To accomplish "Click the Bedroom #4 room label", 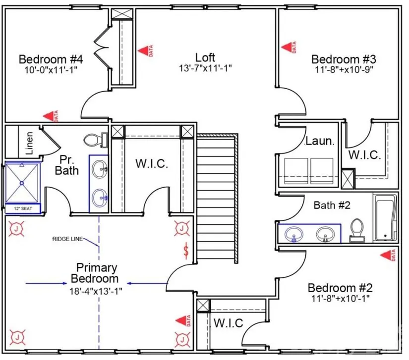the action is (x=51, y=59).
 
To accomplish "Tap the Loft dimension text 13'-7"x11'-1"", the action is (x=205, y=68).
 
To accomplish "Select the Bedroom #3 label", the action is (x=344, y=59).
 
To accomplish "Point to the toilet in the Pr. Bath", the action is (x=96, y=140).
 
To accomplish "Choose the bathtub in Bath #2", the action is (x=385, y=218).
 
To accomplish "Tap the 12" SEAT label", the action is (x=23, y=208).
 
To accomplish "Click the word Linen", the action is (x=29, y=143).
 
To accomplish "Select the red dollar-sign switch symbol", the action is (x=186, y=251).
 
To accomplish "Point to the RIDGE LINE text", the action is (x=67, y=239).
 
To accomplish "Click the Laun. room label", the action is (x=320, y=141).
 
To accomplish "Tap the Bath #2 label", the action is (x=332, y=206).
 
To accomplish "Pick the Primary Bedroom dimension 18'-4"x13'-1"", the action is (x=96, y=291).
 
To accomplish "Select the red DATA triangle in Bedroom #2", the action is (x=388, y=255).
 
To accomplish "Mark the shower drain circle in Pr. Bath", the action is (x=22, y=183).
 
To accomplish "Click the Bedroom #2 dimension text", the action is (x=341, y=298).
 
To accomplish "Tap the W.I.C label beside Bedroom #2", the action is (x=229, y=323).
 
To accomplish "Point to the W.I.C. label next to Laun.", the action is (x=365, y=155).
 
